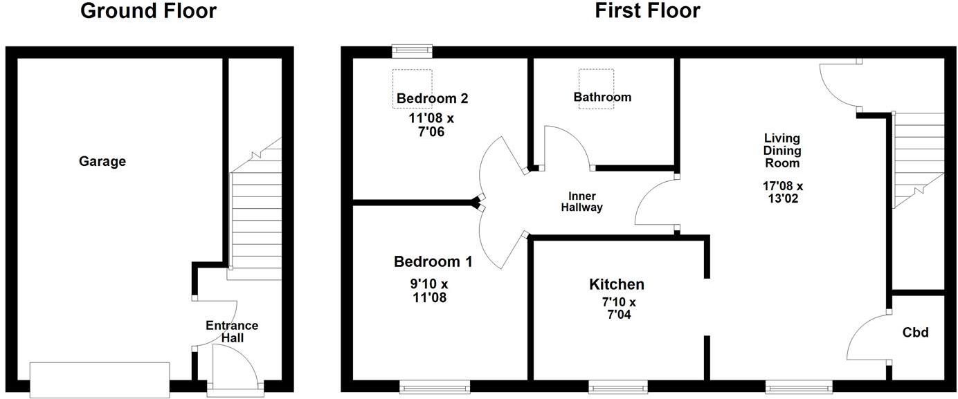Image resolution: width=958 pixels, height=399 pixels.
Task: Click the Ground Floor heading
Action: coord(148,11)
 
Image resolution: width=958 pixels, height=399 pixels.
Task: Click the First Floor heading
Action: coord(647,11)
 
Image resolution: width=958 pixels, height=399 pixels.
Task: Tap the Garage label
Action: coord(102,162)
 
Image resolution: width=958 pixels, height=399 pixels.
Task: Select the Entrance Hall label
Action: coord(232,332)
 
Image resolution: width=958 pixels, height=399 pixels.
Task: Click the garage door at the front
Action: coord(100,380)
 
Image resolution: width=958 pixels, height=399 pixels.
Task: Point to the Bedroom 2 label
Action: coord(432,98)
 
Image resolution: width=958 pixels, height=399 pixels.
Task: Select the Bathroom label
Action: coord(602,98)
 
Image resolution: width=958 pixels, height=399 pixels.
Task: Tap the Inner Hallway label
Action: coord(581,202)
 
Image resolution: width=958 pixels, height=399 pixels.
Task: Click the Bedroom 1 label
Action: coord(433,262)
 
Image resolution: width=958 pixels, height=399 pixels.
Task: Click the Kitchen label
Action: coord(617,284)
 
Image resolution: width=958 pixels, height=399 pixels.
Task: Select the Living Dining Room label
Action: coord(782,151)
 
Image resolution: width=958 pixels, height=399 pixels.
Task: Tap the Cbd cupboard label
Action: coord(916,333)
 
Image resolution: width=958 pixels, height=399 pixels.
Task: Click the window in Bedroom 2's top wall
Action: coord(412,50)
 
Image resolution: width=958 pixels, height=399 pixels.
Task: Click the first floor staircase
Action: coord(918,159)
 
